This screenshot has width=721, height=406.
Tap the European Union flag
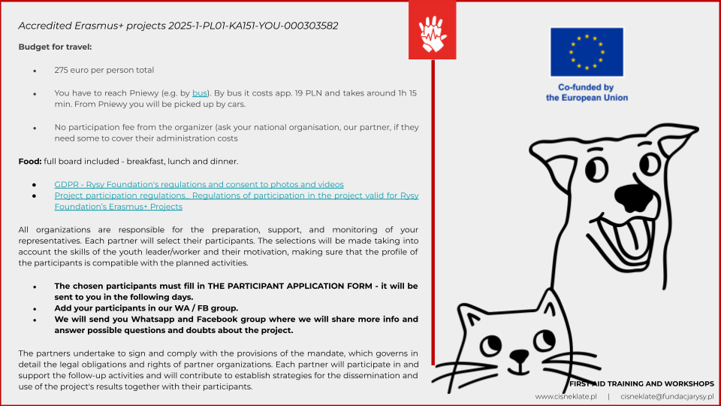click(x=587, y=52)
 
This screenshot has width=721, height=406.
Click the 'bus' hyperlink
click(x=200, y=93)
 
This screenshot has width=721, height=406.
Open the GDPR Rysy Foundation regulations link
click(x=199, y=184)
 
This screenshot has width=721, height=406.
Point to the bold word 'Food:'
click(x=30, y=162)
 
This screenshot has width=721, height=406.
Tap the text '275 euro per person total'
click(x=104, y=70)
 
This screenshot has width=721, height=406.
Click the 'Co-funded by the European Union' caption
click(x=587, y=92)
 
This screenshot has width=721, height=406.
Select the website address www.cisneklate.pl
click(x=566, y=396)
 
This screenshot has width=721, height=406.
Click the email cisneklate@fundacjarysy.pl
click(x=667, y=396)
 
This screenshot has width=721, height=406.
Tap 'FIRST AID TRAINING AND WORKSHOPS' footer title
click(x=641, y=383)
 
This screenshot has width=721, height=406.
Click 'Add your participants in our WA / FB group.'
click(x=146, y=308)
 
